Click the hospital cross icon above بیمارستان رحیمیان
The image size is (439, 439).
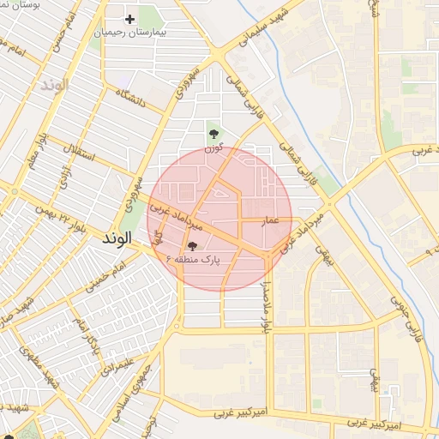(x=130, y=19)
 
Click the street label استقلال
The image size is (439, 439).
(x=80, y=153)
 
